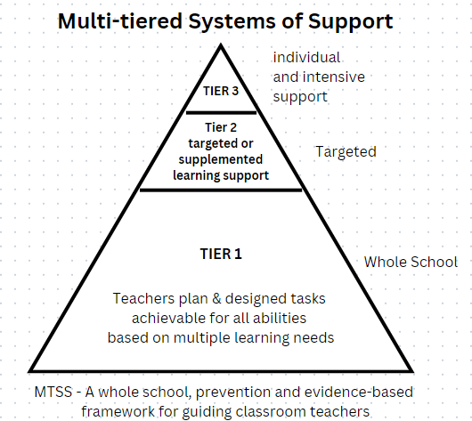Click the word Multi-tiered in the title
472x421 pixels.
[x=120, y=21]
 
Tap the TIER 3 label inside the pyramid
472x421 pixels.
[x=221, y=91]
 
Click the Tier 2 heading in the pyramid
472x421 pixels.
[x=221, y=127]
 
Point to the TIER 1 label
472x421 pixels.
[x=221, y=254]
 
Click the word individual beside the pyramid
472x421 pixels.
[x=306, y=57]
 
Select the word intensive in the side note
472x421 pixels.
[x=334, y=77]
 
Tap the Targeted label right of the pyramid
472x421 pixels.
[x=346, y=152]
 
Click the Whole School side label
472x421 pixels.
[x=411, y=262]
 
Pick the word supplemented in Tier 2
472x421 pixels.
[x=221, y=160]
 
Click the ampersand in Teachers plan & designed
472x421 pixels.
[x=216, y=298]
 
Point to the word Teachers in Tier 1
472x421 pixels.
[x=144, y=298]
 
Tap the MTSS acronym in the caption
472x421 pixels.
[x=53, y=392]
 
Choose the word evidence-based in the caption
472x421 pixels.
[x=359, y=392]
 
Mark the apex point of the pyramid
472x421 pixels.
[x=221, y=45]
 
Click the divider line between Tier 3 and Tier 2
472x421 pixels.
[x=221, y=113]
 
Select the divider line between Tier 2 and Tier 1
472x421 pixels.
[x=221, y=190]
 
